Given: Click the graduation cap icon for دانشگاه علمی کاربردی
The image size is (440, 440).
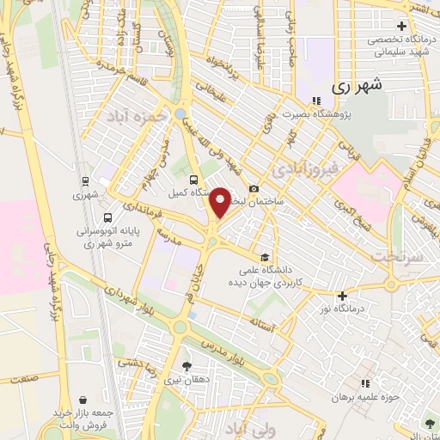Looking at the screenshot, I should click(266, 258).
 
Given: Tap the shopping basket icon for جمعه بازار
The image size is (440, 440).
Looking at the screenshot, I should click(82, 400).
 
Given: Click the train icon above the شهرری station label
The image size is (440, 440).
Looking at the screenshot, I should click(85, 180).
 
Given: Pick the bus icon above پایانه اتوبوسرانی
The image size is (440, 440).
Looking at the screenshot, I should click(107, 217).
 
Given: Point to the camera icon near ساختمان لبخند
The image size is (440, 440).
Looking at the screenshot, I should click(254, 189).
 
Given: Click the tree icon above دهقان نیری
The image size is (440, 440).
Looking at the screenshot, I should click(186, 367).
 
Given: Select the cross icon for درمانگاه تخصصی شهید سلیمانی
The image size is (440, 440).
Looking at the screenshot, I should click(401, 26).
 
